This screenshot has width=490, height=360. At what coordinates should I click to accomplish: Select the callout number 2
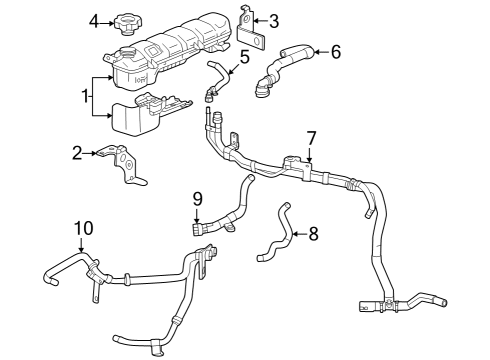(76, 153)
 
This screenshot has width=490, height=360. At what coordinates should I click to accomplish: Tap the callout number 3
(275, 19)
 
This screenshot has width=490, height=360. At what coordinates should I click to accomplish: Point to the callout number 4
(94, 20)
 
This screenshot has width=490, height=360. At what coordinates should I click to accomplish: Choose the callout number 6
(335, 50)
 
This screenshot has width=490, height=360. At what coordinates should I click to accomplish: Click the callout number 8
(313, 234)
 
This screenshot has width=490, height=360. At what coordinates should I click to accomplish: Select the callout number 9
(197, 198)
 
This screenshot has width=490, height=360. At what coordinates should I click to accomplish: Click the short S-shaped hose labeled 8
(276, 236)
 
